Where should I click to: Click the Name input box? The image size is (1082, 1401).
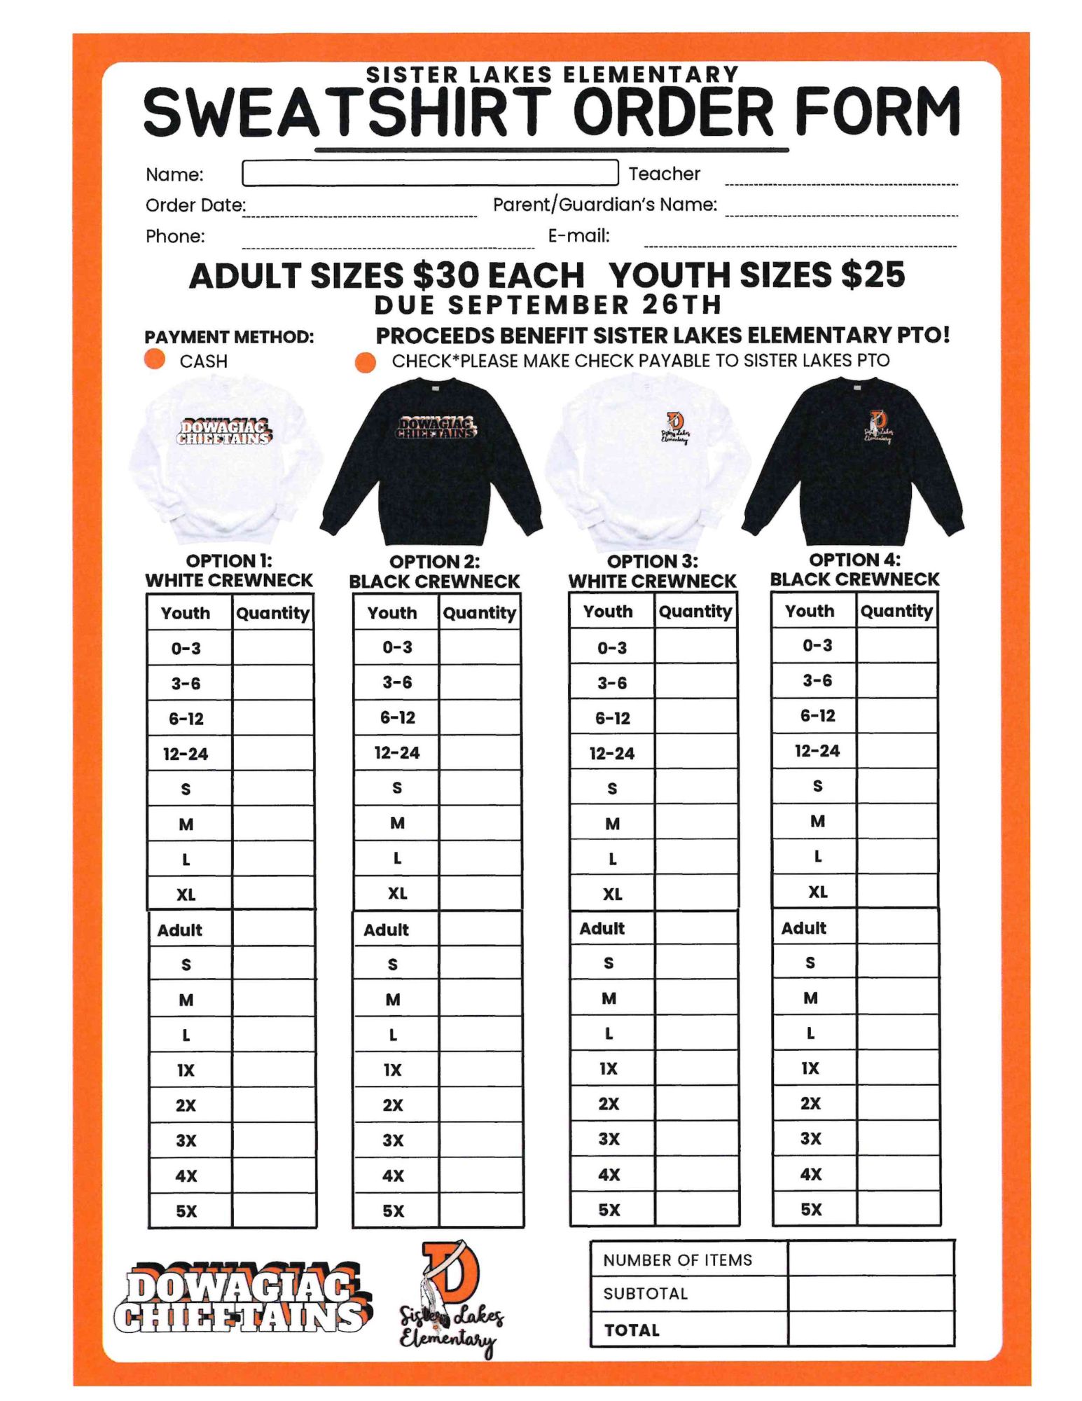429,172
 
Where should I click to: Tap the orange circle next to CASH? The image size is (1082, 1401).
155,359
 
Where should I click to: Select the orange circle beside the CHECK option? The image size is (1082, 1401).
365,361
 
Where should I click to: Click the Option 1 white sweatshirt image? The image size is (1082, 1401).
226,459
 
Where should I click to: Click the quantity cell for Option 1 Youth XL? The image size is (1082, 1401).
272,894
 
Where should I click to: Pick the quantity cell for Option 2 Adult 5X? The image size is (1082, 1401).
480,1210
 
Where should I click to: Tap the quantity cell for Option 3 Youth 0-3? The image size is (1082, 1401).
695,647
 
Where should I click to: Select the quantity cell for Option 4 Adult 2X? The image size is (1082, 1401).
897,1103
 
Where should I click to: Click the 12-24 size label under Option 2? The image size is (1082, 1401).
396,752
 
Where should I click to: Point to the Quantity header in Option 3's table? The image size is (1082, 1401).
695,611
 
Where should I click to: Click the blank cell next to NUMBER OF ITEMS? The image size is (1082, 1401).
871,1259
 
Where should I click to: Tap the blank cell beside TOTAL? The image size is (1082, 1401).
871,1329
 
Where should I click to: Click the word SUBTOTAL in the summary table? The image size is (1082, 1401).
645,1293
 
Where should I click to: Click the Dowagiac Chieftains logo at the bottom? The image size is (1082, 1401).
242,1299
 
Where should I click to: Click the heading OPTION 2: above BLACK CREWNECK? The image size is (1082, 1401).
434,561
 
